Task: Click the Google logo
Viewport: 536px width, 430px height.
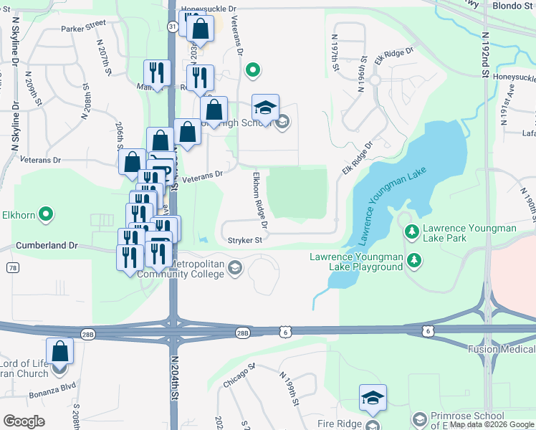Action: point(24,421)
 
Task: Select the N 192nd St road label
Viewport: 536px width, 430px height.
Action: point(486,54)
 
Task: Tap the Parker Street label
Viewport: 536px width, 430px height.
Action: point(83,28)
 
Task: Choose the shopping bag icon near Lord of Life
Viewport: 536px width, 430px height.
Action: point(60,352)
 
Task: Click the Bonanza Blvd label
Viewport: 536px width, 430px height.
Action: point(52,394)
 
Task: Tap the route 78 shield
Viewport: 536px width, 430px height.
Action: point(12,267)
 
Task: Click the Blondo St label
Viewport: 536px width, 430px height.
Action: point(514,5)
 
